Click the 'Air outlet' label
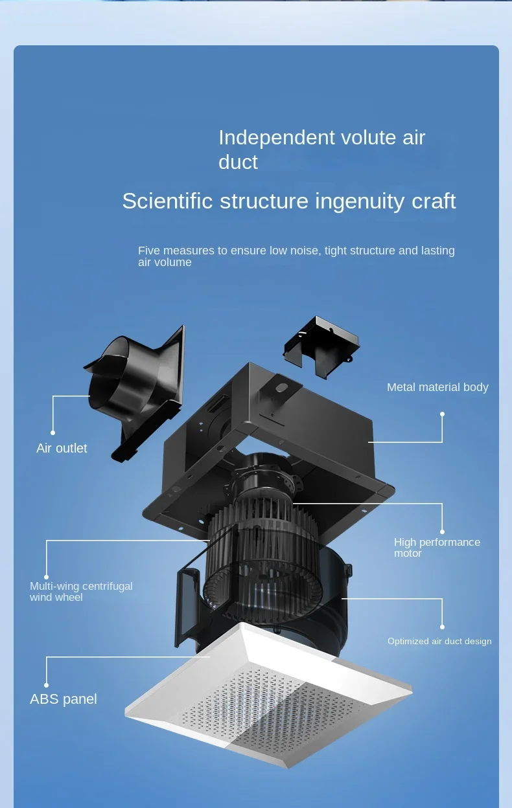(x=62, y=448)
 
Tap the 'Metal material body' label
(x=437, y=387)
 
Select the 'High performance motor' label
(x=437, y=547)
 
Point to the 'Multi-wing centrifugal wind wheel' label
(x=81, y=591)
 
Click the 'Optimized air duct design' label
(x=439, y=641)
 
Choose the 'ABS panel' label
(x=64, y=699)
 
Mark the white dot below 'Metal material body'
(x=443, y=414)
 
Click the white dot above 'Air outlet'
(x=53, y=432)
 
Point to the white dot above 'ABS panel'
(x=47, y=684)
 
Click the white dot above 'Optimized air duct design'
(x=443, y=627)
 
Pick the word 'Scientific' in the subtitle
(x=167, y=201)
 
